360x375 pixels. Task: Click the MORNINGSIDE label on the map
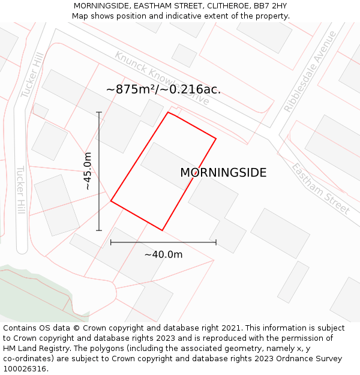point(223,173)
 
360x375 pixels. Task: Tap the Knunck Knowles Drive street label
point(162,78)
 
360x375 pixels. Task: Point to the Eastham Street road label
point(320,188)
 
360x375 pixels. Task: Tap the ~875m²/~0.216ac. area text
point(163,89)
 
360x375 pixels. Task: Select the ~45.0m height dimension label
point(88,171)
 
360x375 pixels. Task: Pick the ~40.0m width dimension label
point(163,254)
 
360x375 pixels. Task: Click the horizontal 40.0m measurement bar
point(163,242)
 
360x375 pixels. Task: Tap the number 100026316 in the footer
point(25,369)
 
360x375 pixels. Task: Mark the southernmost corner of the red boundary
point(162,230)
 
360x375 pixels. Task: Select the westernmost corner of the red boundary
point(111,201)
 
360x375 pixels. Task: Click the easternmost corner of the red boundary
point(216,139)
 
